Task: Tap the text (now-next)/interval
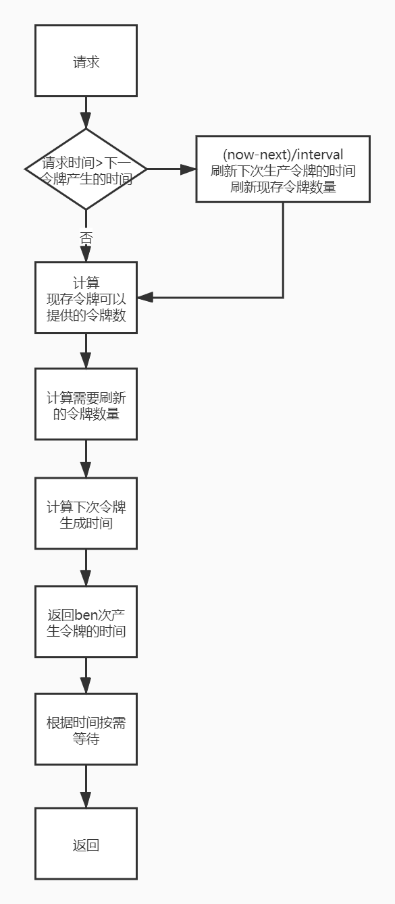coord(283,155)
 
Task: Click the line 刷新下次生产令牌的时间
coord(283,171)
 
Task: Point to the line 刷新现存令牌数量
coord(283,187)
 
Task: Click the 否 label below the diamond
coord(86,238)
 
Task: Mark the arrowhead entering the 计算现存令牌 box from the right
coord(145,298)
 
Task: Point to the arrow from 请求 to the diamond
coord(86,113)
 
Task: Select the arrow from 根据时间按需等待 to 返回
coord(86,787)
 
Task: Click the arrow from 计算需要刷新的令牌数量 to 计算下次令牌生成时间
coord(86,459)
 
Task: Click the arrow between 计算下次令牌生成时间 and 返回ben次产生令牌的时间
coord(86,567)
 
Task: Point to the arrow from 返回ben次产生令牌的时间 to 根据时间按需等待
coord(86,676)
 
